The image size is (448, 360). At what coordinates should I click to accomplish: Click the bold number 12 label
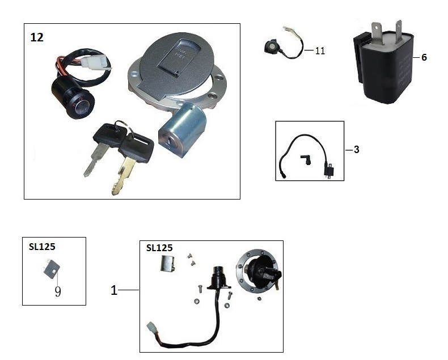[x=37, y=37]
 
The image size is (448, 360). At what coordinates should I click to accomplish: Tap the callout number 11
[x=320, y=51]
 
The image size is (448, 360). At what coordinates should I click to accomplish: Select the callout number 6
[x=424, y=57]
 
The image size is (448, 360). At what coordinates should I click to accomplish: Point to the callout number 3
[x=356, y=150]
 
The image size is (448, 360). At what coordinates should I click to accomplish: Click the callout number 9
[x=58, y=292]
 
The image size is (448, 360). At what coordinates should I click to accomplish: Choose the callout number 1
[x=114, y=290]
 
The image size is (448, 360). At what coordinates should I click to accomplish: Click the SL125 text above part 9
[x=42, y=247]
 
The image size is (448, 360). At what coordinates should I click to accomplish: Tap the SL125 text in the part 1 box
[x=159, y=248]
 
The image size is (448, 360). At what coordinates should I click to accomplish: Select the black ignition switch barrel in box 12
[x=73, y=96]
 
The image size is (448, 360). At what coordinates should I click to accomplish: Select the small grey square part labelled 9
[x=52, y=269]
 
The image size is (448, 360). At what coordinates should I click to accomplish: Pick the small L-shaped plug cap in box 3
[x=306, y=159]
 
